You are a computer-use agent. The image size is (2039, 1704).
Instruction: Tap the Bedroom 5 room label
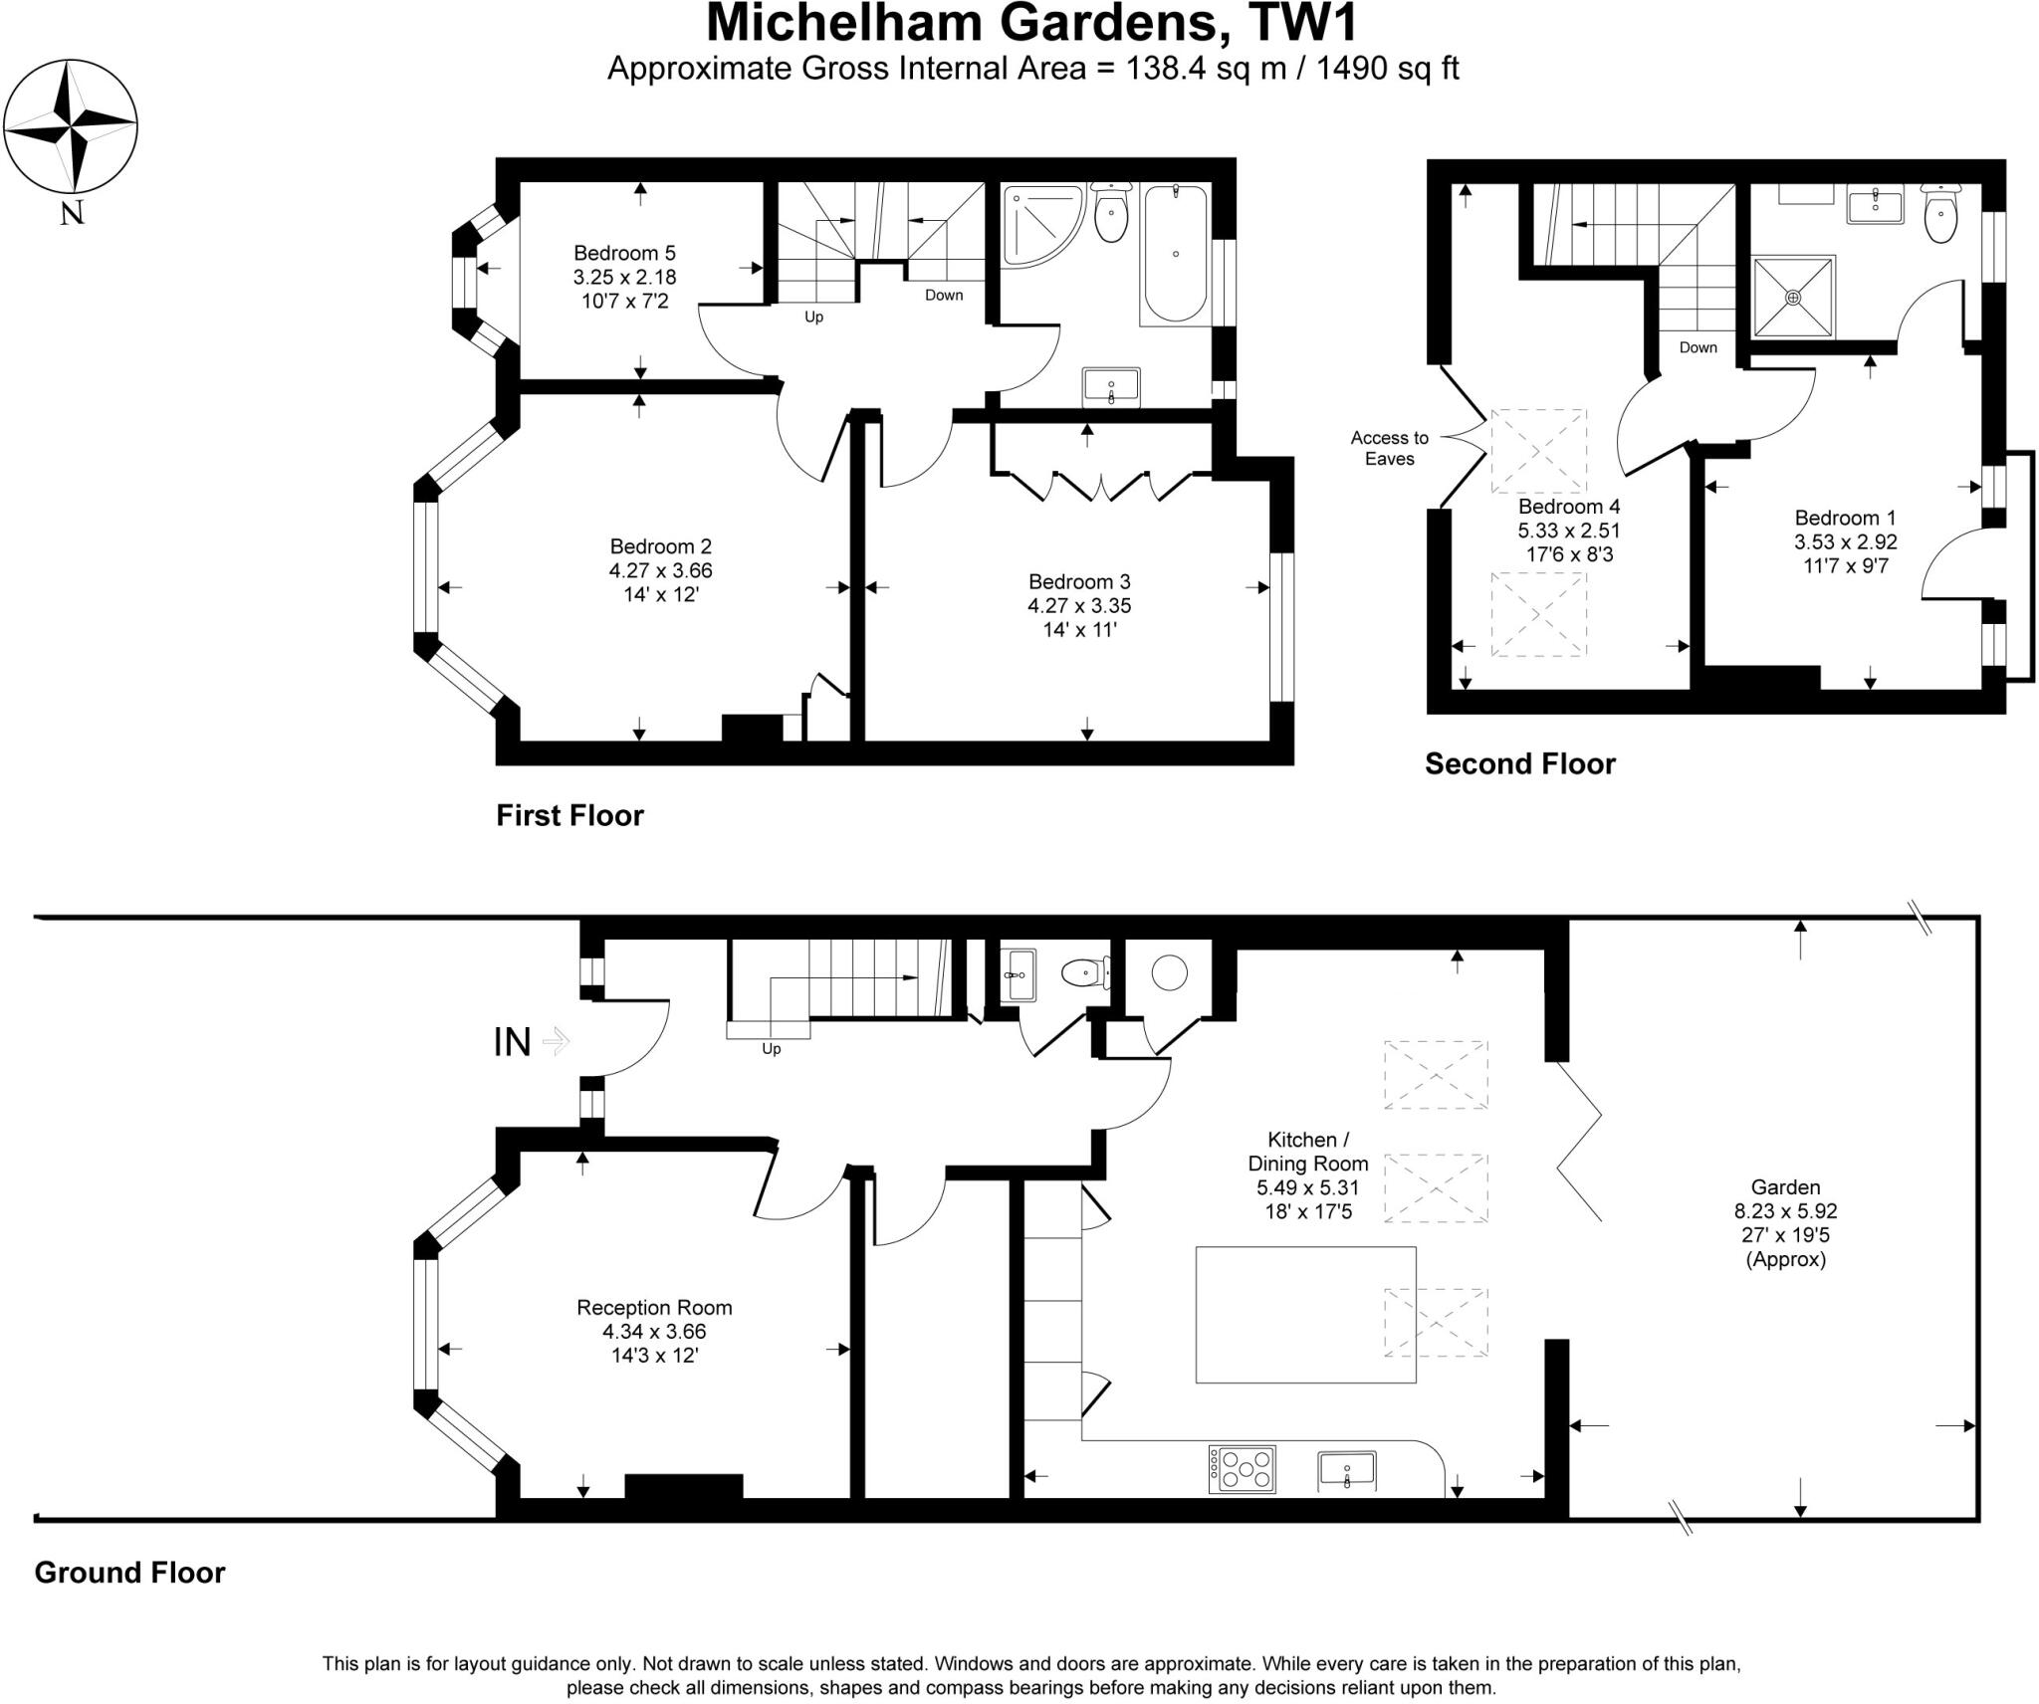[624, 277]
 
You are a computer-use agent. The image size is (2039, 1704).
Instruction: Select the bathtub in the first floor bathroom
[1176, 253]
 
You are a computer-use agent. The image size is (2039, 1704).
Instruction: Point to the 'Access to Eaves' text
[1389, 448]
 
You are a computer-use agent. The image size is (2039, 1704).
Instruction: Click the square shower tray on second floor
[1793, 297]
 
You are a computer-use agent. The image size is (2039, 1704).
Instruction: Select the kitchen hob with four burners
[1243, 1469]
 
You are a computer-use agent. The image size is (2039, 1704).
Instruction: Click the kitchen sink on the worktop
[1347, 1469]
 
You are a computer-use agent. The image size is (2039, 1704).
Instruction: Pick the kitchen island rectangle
[1305, 1314]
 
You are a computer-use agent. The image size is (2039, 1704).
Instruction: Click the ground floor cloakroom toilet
[1083, 971]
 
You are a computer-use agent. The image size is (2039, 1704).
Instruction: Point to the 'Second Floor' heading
[1519, 763]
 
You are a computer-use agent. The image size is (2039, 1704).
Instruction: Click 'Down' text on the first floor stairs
[943, 295]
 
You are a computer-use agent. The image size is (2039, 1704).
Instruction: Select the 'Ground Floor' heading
[129, 1572]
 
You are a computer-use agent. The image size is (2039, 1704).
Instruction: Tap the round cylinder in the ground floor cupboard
[1169, 971]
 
